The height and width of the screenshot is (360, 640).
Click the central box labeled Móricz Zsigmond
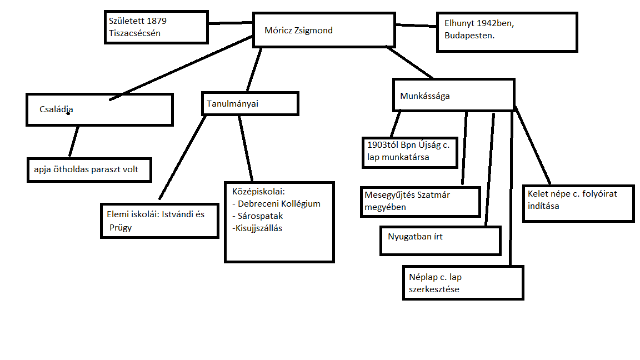point(324,30)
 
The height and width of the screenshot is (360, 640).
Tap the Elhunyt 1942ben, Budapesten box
point(505,32)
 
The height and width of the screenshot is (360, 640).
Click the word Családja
point(56,109)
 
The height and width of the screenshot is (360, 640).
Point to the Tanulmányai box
point(249,103)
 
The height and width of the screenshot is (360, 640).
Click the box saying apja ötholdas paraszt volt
point(89,170)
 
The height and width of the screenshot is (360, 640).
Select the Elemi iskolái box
point(159,221)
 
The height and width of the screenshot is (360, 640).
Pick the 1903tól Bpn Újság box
point(408,151)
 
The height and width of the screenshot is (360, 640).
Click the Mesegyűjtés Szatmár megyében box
point(419,201)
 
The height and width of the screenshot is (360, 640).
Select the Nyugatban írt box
point(440,240)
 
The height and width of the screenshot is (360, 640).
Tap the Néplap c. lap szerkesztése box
point(462,283)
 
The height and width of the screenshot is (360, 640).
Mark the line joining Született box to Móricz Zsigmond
point(231,23)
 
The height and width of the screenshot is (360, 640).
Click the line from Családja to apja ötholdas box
point(74,141)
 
